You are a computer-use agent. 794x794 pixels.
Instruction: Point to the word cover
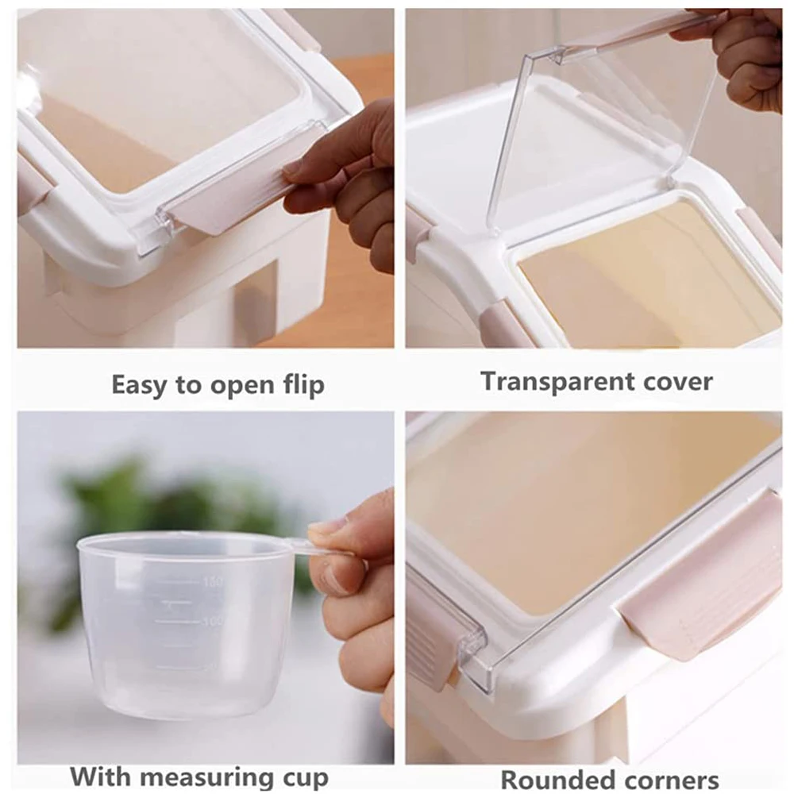tap(675, 382)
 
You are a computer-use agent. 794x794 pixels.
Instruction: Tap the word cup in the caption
tap(302, 777)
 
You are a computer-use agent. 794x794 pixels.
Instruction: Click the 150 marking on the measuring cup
tap(212, 582)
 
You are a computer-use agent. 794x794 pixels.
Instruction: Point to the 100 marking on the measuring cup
tap(211, 621)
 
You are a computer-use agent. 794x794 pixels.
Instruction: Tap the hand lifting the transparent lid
tap(742, 56)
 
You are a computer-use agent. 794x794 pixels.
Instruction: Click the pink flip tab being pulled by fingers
tap(230, 195)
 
